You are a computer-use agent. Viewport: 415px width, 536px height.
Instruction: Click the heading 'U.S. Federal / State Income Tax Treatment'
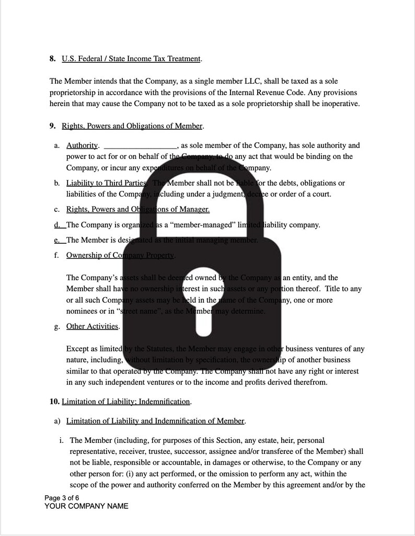pos(131,59)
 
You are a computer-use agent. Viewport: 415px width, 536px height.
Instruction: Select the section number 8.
pos(53,59)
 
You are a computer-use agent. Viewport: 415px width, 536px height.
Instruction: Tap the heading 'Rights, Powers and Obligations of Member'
pos(132,126)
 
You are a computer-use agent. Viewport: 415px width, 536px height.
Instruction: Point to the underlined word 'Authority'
pos(82,145)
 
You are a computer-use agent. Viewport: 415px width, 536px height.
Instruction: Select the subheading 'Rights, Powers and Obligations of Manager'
pos(137,209)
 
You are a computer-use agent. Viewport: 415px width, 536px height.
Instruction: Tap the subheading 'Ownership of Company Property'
pos(120,255)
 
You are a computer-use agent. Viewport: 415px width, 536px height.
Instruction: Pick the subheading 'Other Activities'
pos(93,326)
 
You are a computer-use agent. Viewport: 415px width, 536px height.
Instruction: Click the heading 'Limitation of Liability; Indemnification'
pos(126,402)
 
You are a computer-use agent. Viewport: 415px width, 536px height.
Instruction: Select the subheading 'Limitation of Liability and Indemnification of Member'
pos(155,421)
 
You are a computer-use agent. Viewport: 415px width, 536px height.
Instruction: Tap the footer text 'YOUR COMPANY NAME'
pos(86,506)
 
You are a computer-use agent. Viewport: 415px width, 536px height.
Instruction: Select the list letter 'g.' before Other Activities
pos(56,326)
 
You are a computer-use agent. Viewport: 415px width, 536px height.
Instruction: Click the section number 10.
pos(54,402)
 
